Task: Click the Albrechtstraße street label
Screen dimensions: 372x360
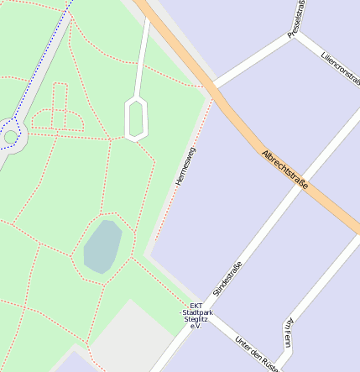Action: pyautogui.click(x=285, y=170)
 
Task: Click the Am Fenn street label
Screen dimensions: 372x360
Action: pyautogui.click(x=289, y=333)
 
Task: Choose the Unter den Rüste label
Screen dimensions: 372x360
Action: pyautogui.click(x=257, y=354)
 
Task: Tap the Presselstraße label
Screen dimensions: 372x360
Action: pyautogui.click(x=297, y=18)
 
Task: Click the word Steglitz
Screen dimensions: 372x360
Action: pyautogui.click(x=196, y=319)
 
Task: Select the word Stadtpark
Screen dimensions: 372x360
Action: pyautogui.click(x=196, y=312)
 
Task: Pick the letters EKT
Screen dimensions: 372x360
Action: pyautogui.click(x=196, y=306)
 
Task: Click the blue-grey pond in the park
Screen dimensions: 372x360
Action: pyautogui.click(x=102, y=247)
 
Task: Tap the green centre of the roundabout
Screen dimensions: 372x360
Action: pyautogui.click(x=11, y=136)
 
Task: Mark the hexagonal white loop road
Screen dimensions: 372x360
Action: pyautogui.click(x=136, y=118)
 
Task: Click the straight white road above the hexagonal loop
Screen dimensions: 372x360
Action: pyautogui.click(x=143, y=55)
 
